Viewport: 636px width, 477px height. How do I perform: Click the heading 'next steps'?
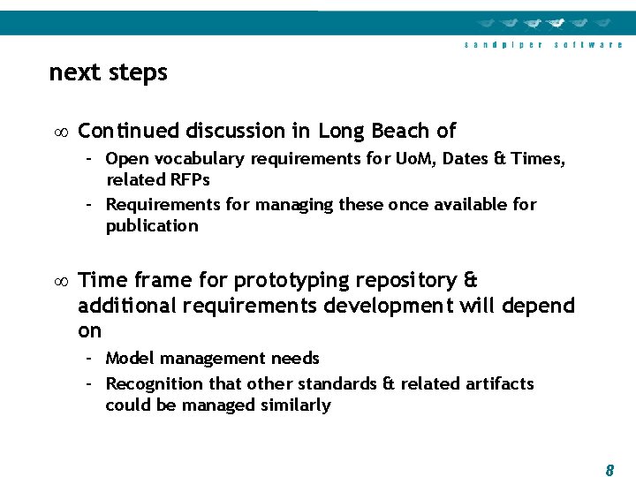pyautogui.click(x=108, y=72)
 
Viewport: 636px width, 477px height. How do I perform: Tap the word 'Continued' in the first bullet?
pyautogui.click(x=129, y=132)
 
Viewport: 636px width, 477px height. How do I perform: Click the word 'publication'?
pyautogui.click(x=152, y=226)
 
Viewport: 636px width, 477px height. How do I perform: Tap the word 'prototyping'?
pyautogui.click(x=291, y=281)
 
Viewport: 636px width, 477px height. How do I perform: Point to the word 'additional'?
pyautogui.click(x=123, y=306)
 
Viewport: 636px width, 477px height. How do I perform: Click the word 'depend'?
pyautogui.click(x=539, y=306)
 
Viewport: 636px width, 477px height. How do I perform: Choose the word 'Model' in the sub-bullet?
pyautogui.click(x=130, y=359)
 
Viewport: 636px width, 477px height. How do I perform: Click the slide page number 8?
pyautogui.click(x=609, y=471)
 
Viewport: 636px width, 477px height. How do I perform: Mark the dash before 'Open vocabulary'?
pyautogui.click(x=90, y=159)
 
